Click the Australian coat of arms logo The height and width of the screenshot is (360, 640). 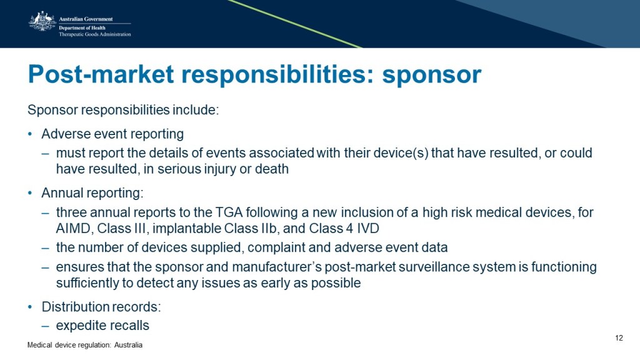coord(42,21)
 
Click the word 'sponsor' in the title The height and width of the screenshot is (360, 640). coord(431,75)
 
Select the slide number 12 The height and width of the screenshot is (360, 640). coord(619,338)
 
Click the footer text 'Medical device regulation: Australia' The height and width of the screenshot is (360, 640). coord(85,345)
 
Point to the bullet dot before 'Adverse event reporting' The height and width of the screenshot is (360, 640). coord(30,134)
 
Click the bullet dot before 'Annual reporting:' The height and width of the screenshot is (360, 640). coord(30,192)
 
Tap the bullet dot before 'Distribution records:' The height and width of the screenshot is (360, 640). coord(30,306)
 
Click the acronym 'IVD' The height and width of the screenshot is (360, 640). coord(368,228)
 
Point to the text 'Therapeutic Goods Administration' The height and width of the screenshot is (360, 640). coord(95,34)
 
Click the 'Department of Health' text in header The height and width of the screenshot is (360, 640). coord(82,27)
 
